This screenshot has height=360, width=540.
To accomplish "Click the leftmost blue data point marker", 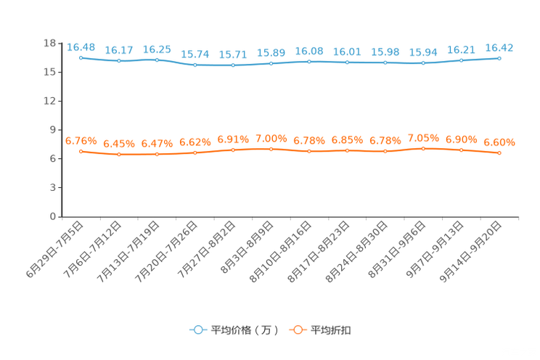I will [x=81, y=57].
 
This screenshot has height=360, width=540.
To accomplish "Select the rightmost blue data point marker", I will [x=499, y=58].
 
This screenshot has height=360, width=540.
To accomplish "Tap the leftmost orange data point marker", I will [x=81, y=151].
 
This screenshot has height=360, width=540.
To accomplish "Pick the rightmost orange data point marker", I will [x=499, y=153].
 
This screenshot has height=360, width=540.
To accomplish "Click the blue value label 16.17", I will [x=118, y=50].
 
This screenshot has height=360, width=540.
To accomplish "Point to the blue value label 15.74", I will [x=195, y=54].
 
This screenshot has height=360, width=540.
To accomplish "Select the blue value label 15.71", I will [x=233, y=54].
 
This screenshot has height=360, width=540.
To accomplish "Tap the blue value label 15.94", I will [x=423, y=52].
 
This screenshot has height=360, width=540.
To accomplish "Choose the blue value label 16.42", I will [x=499, y=48].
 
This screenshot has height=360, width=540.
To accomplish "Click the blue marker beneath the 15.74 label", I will [x=195, y=65].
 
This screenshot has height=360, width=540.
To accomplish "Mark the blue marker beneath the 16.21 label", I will [x=462, y=60].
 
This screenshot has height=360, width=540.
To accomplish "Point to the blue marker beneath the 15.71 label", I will [x=233, y=65].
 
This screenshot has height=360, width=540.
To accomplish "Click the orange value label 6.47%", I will [x=157, y=144].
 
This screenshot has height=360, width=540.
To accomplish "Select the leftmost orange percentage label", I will [x=81, y=141].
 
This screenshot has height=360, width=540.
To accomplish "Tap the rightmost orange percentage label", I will [x=499, y=142].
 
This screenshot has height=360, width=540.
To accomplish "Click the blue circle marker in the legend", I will [x=197, y=330].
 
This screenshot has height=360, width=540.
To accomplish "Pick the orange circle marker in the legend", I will [x=297, y=330].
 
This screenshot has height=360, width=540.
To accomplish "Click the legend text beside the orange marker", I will [x=331, y=330].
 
